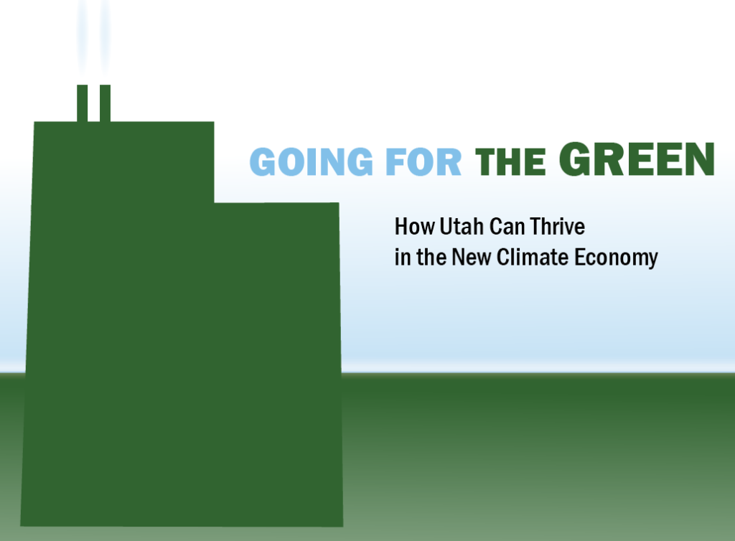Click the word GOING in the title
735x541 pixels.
(312, 161)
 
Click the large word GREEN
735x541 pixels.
(637, 159)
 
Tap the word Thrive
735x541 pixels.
(557, 227)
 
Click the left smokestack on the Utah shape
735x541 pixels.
(82, 103)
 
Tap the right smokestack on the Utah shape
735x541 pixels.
(105, 103)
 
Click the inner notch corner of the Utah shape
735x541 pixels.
(214, 203)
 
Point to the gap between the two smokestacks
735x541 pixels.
(93, 103)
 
